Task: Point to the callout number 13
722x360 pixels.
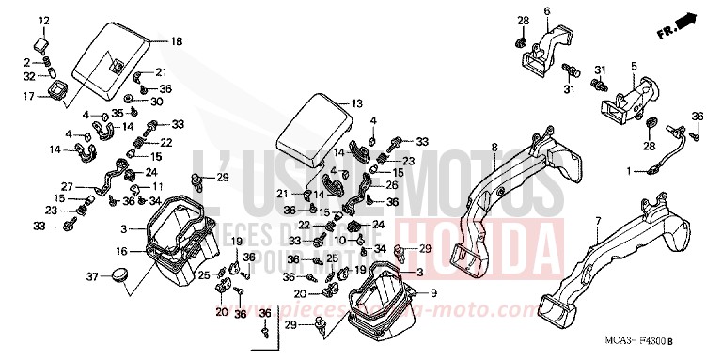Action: point(356,103)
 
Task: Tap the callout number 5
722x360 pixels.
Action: point(634,66)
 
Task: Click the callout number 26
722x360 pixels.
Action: point(391,185)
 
